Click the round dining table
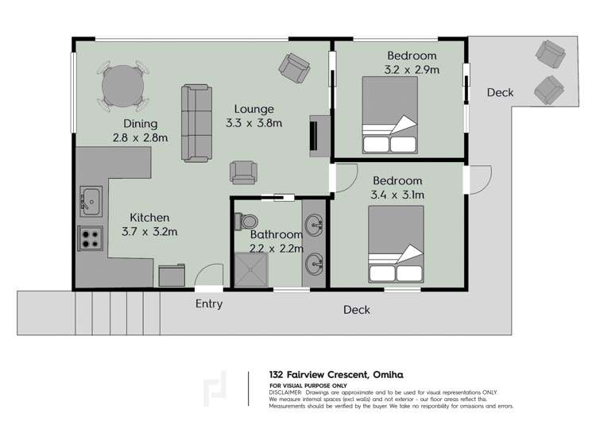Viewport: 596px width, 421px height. tap(123, 83)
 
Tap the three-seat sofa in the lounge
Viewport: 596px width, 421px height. tap(197, 122)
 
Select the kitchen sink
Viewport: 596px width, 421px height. tap(90, 202)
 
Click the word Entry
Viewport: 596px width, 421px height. tap(209, 304)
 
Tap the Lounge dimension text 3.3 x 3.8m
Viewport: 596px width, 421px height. tap(253, 123)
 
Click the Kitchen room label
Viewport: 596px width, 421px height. tap(150, 218)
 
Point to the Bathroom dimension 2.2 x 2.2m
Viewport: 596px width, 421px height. tap(276, 248)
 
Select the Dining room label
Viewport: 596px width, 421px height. tap(140, 124)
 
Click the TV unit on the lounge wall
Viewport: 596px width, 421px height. tap(320, 133)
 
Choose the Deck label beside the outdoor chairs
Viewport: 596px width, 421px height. tap(500, 93)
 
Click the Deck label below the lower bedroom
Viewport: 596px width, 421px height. tap(356, 310)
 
